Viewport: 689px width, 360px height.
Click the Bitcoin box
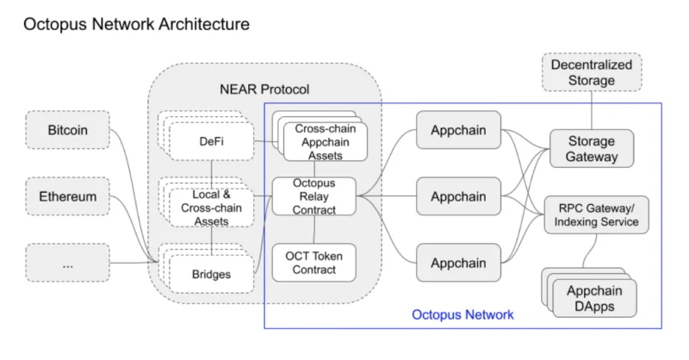coord(68,130)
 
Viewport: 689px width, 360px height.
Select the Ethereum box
coord(68,196)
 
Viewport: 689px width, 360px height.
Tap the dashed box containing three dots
coord(68,263)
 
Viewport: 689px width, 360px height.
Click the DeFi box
coord(211,141)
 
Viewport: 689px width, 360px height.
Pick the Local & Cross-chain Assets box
coord(211,208)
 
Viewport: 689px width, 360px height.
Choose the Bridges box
coord(211,274)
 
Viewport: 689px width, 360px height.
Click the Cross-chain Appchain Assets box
coord(326,142)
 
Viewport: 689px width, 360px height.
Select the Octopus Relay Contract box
coord(314,196)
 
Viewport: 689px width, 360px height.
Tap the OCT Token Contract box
coord(314,263)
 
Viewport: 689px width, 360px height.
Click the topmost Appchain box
coord(458,130)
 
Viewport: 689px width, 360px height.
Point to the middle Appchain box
coord(458,196)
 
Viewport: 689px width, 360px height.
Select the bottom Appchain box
coord(458,263)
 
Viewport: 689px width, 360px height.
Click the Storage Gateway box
coord(592,149)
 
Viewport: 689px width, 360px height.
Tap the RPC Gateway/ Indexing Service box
coord(596,215)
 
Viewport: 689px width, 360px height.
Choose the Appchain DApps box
coord(594,299)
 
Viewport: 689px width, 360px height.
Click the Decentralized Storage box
coord(592,72)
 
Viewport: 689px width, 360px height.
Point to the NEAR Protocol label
coord(264,90)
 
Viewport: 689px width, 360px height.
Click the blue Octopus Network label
coord(462,314)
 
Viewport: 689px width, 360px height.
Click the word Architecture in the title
coord(204,24)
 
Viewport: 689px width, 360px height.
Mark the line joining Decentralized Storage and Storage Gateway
coord(592,110)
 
